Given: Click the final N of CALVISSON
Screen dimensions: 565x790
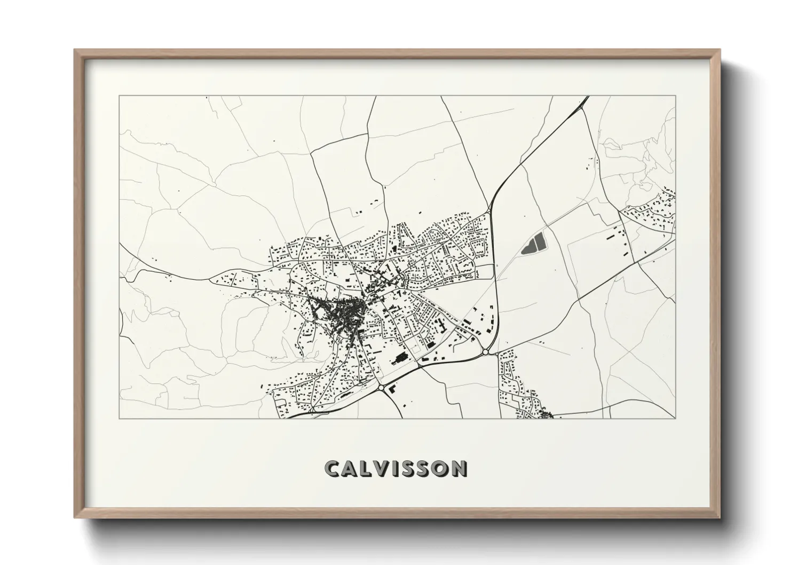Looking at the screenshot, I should (457, 468).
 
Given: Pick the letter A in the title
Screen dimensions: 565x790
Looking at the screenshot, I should (350, 468).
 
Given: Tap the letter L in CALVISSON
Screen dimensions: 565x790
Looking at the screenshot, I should (366, 468).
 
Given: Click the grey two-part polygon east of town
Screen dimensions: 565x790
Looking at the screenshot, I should (531, 245).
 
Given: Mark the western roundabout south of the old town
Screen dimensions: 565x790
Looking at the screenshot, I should (381, 387).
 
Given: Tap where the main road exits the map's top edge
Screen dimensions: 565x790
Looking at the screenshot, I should (587, 97).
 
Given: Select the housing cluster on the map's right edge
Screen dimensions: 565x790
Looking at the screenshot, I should (651, 214).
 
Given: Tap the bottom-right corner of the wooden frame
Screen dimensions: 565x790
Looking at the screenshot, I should (720, 517).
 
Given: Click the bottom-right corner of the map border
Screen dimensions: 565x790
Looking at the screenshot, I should (676, 418).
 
